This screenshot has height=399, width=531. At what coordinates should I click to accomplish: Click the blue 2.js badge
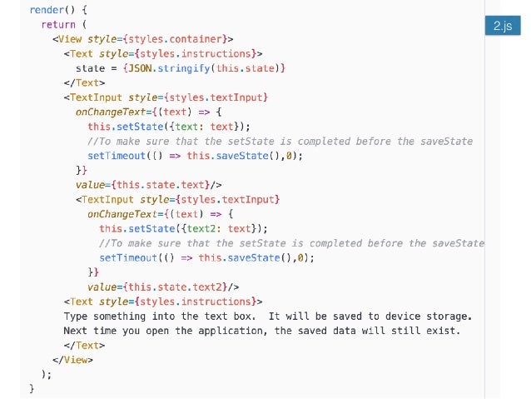[x=501, y=27]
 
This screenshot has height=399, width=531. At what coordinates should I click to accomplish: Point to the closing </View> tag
[x=72, y=360]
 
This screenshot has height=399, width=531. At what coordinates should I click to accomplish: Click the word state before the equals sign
[x=90, y=68]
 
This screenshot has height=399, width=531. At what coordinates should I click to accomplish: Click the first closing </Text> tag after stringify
[x=81, y=83]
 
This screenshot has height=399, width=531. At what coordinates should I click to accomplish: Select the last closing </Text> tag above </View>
[x=81, y=345]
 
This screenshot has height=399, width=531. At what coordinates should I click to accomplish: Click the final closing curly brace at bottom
[x=32, y=388]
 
